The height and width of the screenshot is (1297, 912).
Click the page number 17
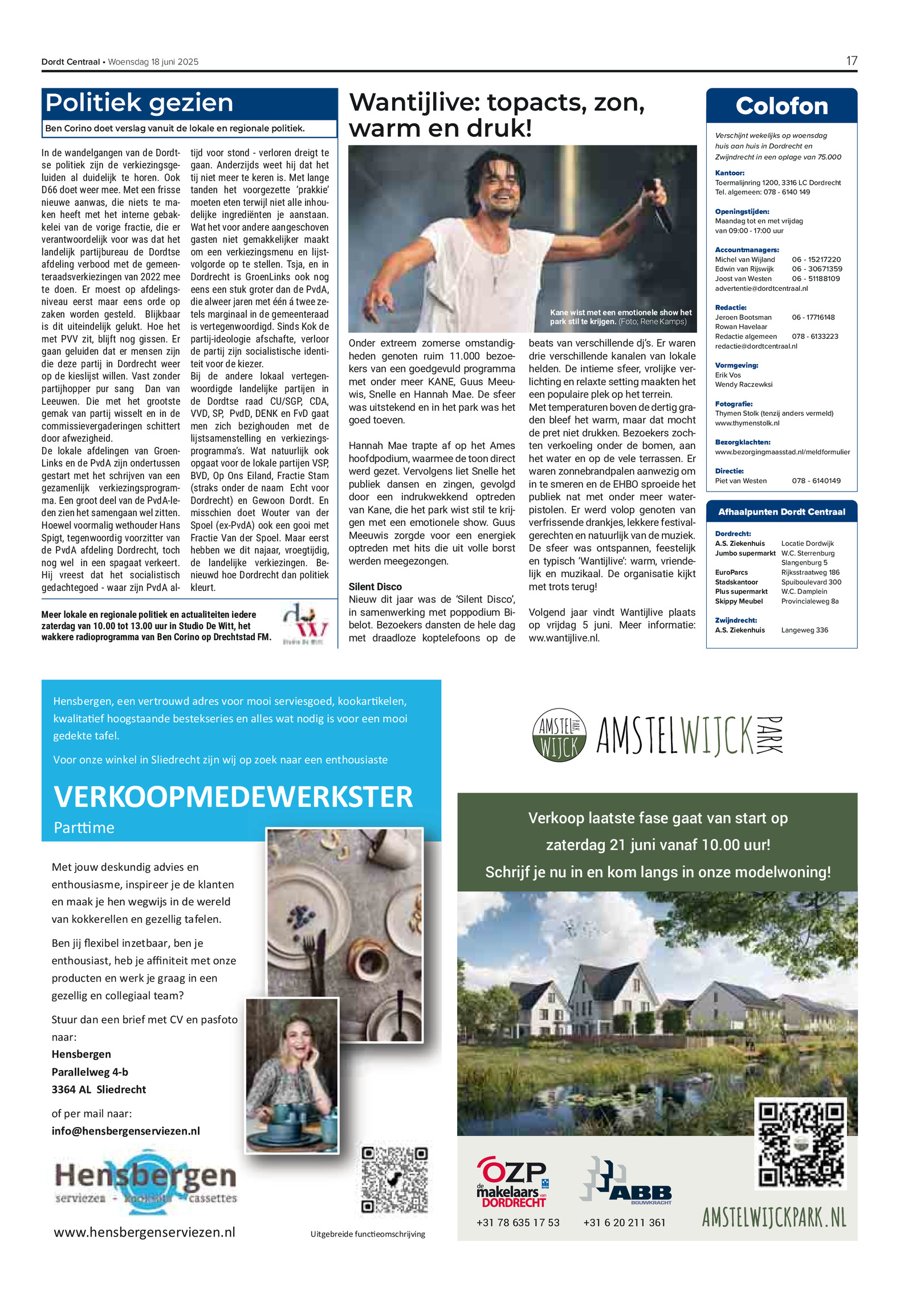(x=851, y=61)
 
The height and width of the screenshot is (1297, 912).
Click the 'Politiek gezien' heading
(x=140, y=103)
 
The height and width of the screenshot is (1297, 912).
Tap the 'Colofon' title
(x=781, y=106)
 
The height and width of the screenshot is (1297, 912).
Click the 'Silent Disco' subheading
(x=375, y=586)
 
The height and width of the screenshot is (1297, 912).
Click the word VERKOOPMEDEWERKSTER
(x=233, y=796)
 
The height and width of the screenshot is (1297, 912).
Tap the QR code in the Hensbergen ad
(x=394, y=1180)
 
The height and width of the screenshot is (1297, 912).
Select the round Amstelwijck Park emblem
(x=559, y=735)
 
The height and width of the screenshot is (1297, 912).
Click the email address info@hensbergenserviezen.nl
(x=126, y=1131)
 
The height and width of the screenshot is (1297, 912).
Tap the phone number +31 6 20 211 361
(x=624, y=1222)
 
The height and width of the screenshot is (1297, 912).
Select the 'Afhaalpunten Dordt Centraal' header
(x=781, y=512)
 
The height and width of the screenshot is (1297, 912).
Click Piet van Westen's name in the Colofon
(x=740, y=481)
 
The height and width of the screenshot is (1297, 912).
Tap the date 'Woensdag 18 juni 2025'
(x=153, y=62)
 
